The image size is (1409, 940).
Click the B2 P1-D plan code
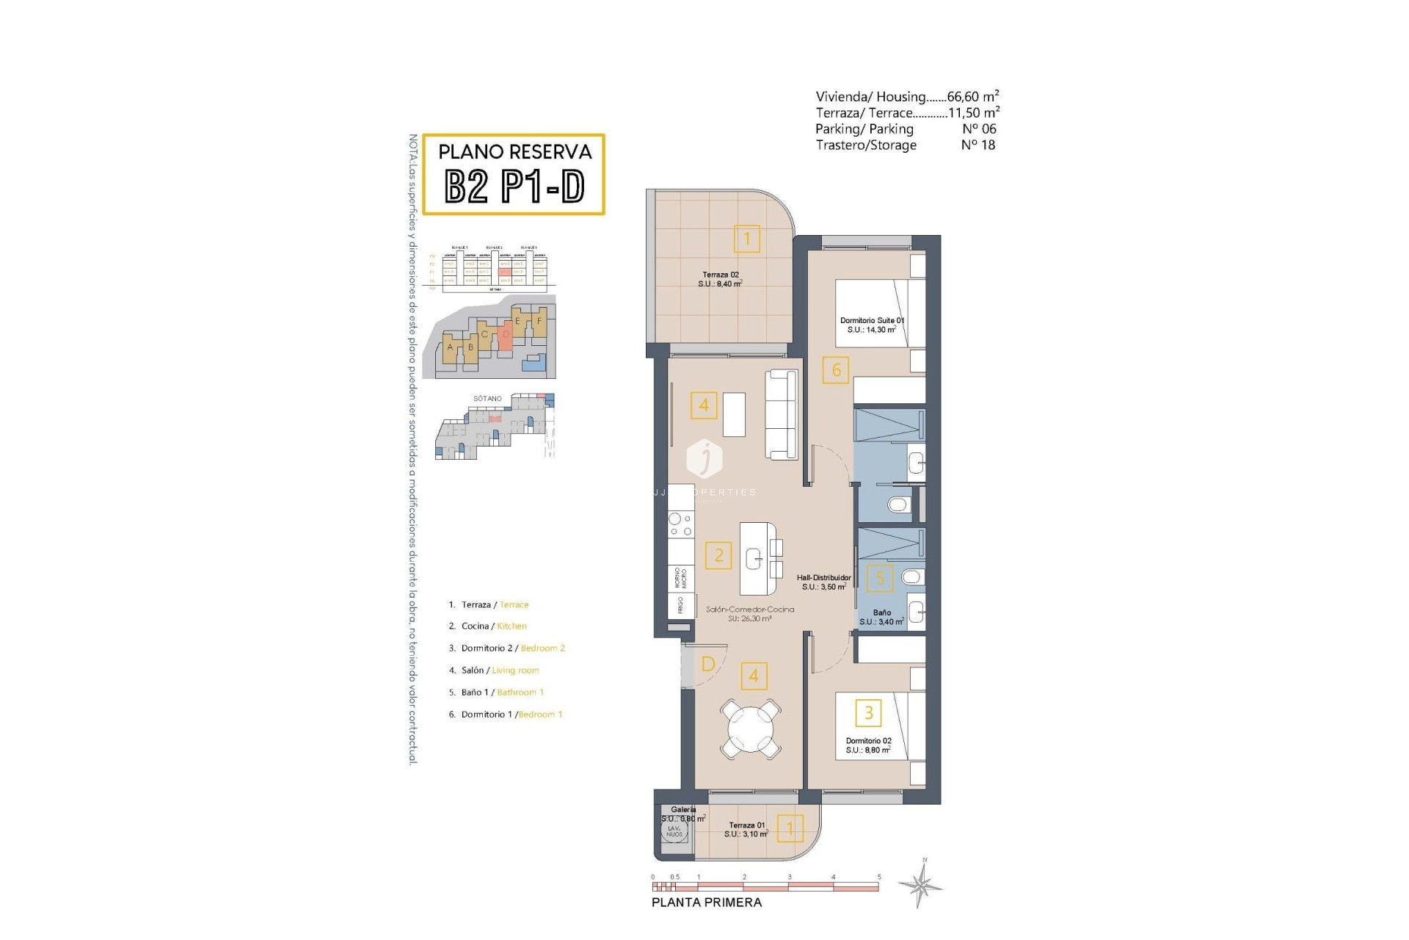click(514, 187)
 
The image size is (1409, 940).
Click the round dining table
click(750, 729)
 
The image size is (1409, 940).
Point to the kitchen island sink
click(755, 560)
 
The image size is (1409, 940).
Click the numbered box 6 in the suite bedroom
click(836, 369)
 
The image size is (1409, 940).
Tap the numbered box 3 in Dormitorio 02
click(869, 712)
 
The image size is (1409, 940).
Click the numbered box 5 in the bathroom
click(881, 578)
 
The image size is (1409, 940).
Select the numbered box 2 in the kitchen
click(718, 555)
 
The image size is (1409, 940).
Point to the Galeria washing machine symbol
click(674, 831)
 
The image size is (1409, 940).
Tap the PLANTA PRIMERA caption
click(707, 903)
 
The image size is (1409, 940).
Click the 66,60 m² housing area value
click(972, 96)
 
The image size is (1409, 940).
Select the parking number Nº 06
click(979, 129)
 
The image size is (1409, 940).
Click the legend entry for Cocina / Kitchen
click(493, 626)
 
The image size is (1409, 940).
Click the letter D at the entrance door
click(708, 664)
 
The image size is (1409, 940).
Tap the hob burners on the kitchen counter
click(680, 525)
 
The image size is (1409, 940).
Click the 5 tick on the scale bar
click(878, 877)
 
